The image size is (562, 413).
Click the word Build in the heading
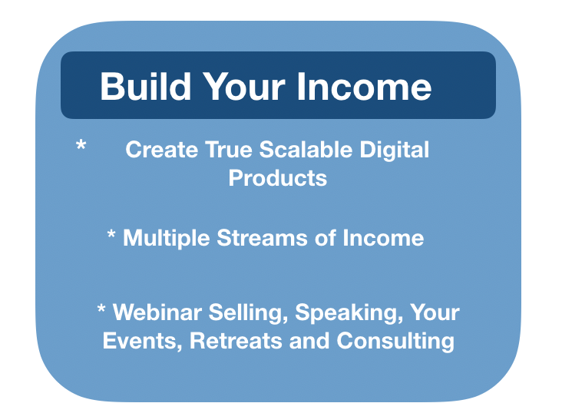coord(146,87)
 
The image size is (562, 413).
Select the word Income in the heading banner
coord(364,87)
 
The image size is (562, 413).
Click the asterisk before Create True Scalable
coord(81,146)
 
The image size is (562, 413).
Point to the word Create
coord(162,149)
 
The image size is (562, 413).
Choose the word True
coord(229,149)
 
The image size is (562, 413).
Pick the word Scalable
coord(306,149)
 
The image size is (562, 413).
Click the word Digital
coord(395,150)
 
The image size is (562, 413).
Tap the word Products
coord(278,178)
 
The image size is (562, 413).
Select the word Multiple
coord(167,239)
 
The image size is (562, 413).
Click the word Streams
coord(262,238)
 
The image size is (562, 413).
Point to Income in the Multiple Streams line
coord(383,238)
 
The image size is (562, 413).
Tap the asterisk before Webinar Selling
coord(101,309)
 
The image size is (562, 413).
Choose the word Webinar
coord(157,312)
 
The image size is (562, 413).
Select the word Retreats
coord(236,341)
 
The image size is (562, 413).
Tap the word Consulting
coord(395,342)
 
